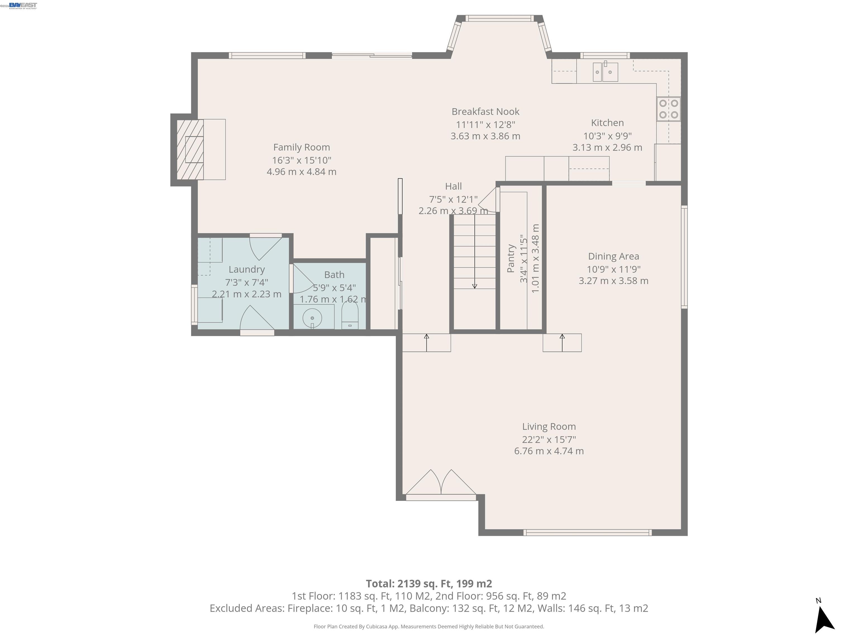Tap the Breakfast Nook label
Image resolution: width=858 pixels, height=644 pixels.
pos(485,112)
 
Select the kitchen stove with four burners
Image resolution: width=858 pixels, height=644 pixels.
pos(668,109)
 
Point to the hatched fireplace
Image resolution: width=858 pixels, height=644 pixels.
pos(190,150)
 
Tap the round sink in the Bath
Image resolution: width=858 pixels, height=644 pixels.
pos(312,318)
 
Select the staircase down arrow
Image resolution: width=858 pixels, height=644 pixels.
pos(474,252)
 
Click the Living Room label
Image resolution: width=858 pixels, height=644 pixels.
pos(549,426)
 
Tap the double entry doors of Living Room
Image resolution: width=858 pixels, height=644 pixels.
pos(441,485)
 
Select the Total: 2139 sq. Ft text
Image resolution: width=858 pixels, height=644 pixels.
pos(429,583)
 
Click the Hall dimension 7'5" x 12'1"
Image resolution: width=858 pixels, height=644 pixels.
pos(453,199)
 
